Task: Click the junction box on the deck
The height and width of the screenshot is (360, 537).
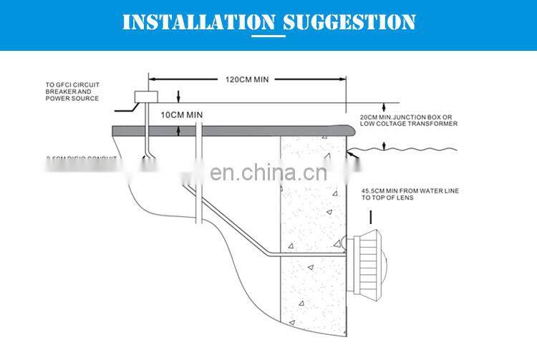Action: (149, 98)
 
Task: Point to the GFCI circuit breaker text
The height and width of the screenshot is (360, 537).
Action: (74, 86)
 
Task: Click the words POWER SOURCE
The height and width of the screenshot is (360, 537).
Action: (69, 98)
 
